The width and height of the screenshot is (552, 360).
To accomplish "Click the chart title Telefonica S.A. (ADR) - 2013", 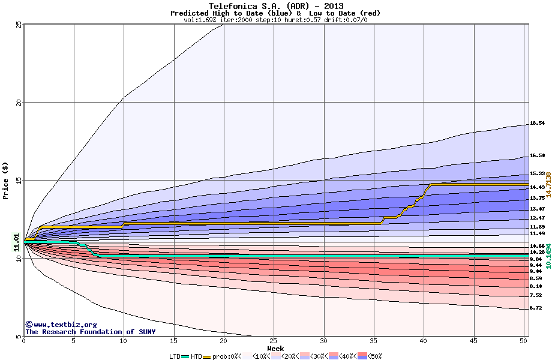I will click(x=275, y=5).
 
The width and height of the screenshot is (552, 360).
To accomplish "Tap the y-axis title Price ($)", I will click(x=7, y=180).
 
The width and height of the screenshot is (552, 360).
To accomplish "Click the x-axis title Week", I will click(x=275, y=348).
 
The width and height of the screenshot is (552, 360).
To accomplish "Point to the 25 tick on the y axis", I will click(x=19, y=25).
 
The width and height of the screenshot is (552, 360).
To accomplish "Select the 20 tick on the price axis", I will click(x=19, y=103).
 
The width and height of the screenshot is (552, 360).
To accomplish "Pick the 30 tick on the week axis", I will click(x=324, y=341).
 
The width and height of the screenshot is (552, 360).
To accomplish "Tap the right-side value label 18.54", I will click(x=537, y=124).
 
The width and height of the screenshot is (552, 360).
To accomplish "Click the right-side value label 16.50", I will click(x=537, y=155).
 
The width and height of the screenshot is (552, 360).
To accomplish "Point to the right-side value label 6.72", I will click(x=537, y=308).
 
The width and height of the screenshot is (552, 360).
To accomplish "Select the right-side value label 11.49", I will click(x=537, y=233).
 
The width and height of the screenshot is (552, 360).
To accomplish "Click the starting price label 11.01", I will click(x=17, y=242).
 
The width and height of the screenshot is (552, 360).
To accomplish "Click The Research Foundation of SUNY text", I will click(x=90, y=332).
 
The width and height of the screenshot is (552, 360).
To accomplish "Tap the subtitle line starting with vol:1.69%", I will click(x=275, y=20).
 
